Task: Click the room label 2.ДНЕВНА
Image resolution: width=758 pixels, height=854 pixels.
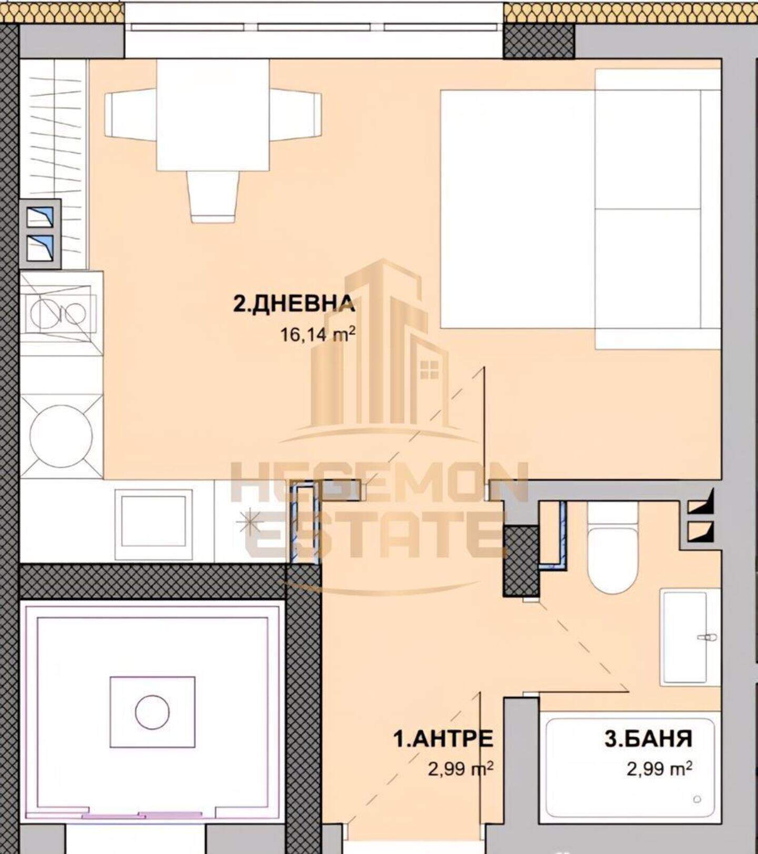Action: (x=294, y=304)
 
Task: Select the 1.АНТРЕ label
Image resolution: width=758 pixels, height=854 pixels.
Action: (x=443, y=738)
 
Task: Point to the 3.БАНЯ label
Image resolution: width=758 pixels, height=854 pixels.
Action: (x=648, y=738)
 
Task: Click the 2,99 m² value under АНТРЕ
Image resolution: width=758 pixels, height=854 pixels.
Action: (x=461, y=769)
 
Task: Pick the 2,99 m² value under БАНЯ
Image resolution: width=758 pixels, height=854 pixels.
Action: (x=659, y=769)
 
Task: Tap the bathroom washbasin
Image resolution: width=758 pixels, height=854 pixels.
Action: (x=690, y=637)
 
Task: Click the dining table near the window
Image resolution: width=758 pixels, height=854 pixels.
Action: (x=213, y=115)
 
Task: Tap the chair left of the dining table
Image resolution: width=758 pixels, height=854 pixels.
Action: (x=132, y=115)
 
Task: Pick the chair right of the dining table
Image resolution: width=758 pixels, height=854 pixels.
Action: (x=295, y=115)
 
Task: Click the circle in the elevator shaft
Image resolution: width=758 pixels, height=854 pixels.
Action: (x=152, y=712)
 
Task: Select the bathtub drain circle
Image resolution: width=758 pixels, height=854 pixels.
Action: (x=698, y=799)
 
